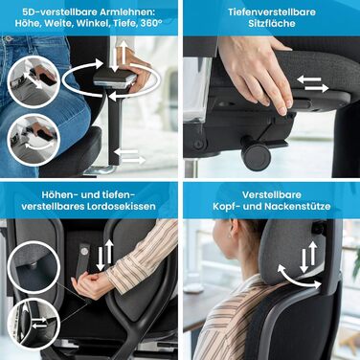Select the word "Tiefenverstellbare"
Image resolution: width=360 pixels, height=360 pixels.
point(272,12)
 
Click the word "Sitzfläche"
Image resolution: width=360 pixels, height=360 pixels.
point(272,23)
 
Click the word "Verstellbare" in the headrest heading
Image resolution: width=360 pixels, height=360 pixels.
point(272,194)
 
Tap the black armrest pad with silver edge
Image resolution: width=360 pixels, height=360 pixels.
point(113,79)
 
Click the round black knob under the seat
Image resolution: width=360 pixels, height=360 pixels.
point(257,156)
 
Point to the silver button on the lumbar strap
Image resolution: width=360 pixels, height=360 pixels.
point(84,252)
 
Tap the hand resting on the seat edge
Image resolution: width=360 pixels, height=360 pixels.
point(259,74)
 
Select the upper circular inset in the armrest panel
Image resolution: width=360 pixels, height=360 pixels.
point(34,82)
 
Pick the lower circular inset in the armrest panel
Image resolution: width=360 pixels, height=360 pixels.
point(34,140)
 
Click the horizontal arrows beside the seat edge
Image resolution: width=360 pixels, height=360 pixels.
point(313,84)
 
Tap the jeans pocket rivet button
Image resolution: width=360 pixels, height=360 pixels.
point(9,39)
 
